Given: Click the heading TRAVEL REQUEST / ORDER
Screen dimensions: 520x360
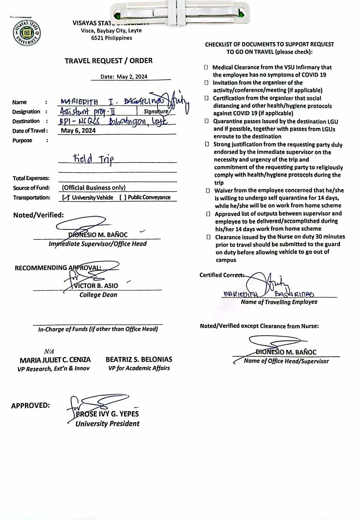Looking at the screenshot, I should click(109, 61).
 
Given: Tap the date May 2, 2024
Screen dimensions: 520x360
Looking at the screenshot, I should click(132, 77).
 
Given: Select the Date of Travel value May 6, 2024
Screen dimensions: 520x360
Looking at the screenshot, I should click(78, 131).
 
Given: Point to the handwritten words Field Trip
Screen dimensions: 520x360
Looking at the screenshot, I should click(93, 159).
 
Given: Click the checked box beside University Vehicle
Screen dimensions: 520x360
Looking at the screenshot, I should click(66, 197).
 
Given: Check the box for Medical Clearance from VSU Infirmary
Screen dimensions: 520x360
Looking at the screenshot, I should click(206, 67).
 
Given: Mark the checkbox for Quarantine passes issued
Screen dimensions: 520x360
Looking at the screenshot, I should click(207, 121).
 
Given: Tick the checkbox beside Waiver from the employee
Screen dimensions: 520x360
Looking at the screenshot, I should click(208, 191).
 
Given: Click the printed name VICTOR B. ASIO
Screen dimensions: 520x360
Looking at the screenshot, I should click(96, 286).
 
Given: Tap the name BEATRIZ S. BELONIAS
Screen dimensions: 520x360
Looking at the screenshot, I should click(139, 359).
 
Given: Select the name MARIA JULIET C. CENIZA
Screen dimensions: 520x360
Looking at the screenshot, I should click(55, 360).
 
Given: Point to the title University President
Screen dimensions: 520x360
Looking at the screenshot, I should click(107, 424).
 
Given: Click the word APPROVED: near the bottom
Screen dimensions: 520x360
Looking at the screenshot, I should click(30, 405).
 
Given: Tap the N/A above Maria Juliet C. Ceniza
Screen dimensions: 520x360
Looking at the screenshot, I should click(49, 351).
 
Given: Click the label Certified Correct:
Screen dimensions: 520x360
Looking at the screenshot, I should click(221, 275).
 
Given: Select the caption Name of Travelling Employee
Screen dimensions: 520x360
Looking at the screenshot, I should click(279, 302).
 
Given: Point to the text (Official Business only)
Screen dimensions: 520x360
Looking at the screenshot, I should click(94, 188).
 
